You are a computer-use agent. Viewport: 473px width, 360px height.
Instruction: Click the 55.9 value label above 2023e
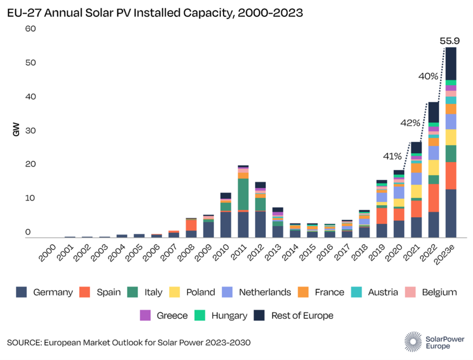click(x=450, y=41)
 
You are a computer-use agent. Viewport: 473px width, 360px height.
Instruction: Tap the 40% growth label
click(x=428, y=76)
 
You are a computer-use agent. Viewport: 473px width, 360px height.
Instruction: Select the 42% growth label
click(x=410, y=123)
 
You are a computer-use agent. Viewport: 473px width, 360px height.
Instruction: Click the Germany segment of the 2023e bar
click(x=450, y=213)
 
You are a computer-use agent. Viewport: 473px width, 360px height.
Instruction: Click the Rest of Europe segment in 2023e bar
click(x=450, y=64)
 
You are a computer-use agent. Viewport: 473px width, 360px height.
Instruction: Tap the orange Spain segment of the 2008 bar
click(x=191, y=225)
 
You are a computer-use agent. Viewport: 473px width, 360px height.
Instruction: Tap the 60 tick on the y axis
click(x=30, y=28)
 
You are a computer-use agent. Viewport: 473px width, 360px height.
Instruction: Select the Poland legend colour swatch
click(x=176, y=292)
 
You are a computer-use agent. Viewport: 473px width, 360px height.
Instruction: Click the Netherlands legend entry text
click(x=265, y=292)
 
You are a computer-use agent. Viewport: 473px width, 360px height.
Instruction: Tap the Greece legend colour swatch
click(x=145, y=315)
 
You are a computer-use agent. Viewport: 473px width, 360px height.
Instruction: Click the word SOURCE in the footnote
click(x=24, y=342)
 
